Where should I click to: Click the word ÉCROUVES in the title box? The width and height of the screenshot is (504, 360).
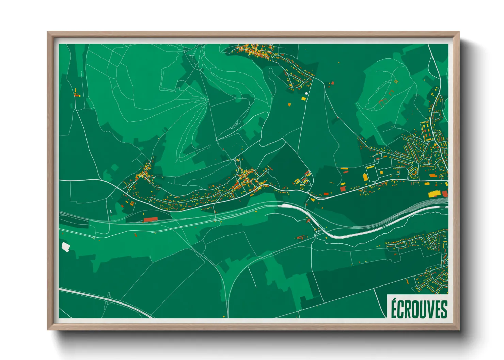(419, 309)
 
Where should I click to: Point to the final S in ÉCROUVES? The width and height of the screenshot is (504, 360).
(444, 310)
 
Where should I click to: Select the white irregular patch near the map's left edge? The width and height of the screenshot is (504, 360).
(65, 247)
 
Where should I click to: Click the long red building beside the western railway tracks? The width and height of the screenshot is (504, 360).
(150, 219)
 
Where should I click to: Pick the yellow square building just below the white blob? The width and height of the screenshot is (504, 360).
(303, 98)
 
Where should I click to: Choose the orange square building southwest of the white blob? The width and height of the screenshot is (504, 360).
(290, 104)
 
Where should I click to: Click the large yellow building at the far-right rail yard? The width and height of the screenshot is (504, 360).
(433, 194)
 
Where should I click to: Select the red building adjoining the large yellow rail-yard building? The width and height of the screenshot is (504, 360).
(444, 194)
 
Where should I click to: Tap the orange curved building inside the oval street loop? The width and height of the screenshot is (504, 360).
(414, 173)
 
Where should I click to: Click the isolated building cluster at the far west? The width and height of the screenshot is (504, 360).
(77, 93)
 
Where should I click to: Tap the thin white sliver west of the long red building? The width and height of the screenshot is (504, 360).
(111, 212)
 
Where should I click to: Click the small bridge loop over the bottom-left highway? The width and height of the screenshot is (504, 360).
(109, 296)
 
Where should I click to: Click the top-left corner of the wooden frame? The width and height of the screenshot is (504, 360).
(48, 32)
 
